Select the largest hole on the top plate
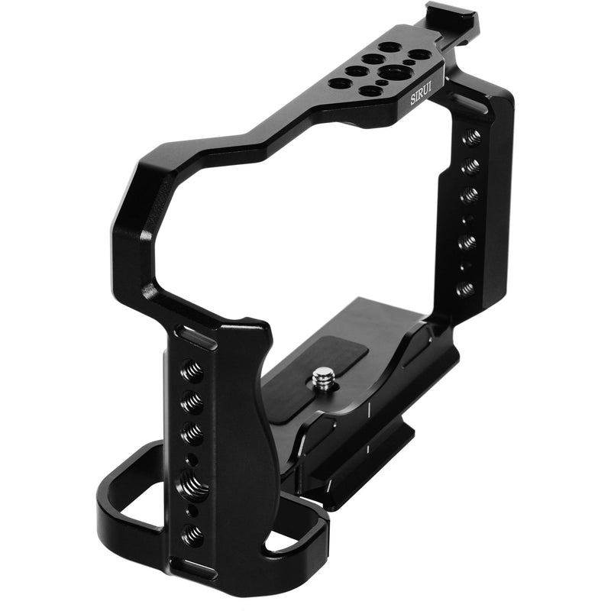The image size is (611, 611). [393, 73]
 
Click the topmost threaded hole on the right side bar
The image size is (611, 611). [472, 137]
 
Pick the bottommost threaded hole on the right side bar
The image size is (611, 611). [464, 289]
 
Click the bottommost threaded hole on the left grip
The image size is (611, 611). [191, 532]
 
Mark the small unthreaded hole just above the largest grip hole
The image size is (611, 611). [192, 459]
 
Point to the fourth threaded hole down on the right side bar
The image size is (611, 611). [467, 241]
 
